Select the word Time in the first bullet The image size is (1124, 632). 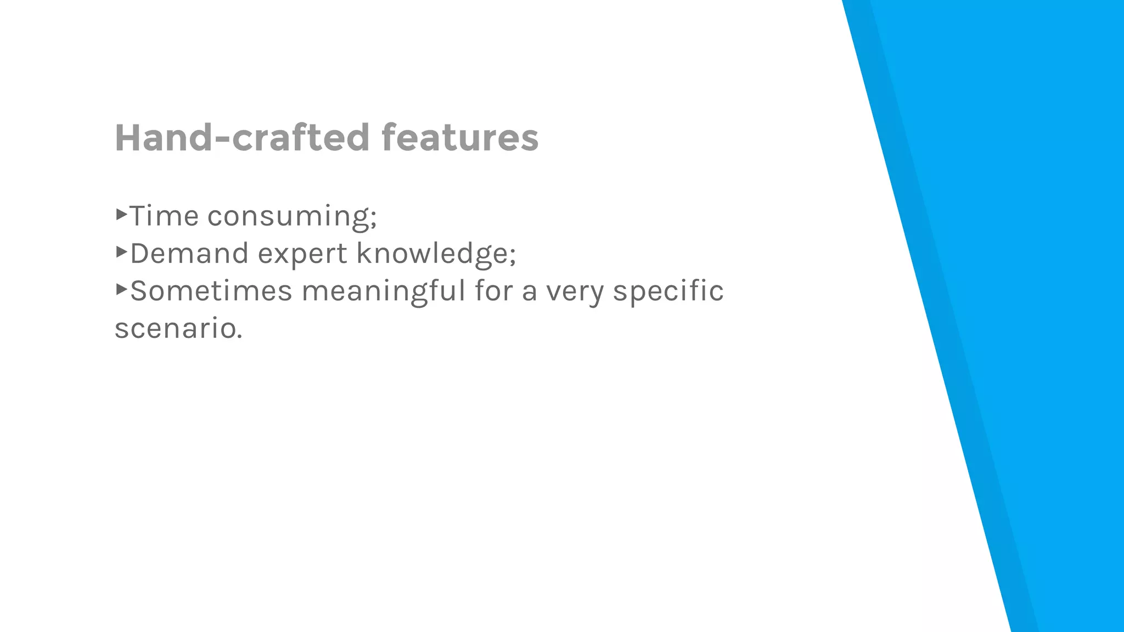click(164, 216)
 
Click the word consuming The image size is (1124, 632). click(288, 217)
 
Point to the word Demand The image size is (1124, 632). click(189, 253)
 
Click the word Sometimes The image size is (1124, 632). click(211, 291)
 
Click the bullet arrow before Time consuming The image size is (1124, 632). click(121, 214)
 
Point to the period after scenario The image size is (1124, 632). click(239, 336)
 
